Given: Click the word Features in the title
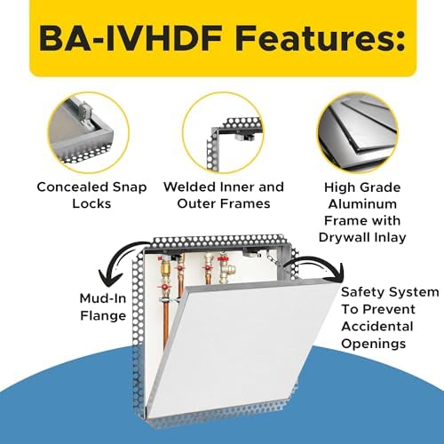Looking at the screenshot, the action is (x=321, y=39).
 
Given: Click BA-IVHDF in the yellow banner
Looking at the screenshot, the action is (x=131, y=39).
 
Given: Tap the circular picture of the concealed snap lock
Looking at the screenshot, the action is (x=89, y=132).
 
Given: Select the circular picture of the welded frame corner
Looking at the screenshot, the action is (x=224, y=132).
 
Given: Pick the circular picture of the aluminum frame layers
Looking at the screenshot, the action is (x=358, y=132).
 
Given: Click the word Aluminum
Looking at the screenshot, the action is (x=362, y=204).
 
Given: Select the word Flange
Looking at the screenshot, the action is (x=103, y=316).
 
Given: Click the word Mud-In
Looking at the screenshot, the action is (x=103, y=298).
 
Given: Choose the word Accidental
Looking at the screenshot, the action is (x=377, y=327).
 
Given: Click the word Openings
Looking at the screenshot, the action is (x=374, y=344).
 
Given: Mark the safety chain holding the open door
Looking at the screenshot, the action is (x=274, y=259).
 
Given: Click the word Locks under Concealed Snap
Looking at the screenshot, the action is (x=91, y=203).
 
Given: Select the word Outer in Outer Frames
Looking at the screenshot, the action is (x=194, y=203).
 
